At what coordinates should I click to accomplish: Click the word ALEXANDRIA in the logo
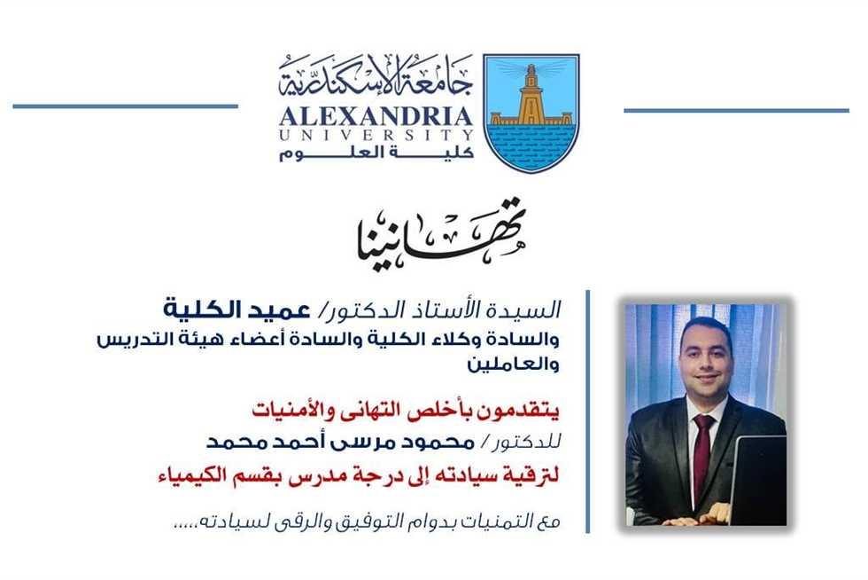tap(376, 116)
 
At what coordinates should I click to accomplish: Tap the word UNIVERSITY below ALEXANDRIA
tap(376, 135)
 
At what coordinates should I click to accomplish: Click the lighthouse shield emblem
tap(531, 113)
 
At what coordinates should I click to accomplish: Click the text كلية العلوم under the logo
tap(376, 153)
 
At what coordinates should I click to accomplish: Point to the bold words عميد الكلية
tap(236, 309)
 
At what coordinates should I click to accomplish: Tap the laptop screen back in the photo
tap(760, 478)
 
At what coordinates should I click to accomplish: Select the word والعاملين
tap(513, 364)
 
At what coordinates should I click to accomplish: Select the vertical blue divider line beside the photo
tap(587, 411)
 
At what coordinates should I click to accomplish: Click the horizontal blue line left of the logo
tap(125, 106)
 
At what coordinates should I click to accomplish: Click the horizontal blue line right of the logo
tap(736, 110)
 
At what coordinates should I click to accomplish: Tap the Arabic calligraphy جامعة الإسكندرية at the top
tap(376, 76)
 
